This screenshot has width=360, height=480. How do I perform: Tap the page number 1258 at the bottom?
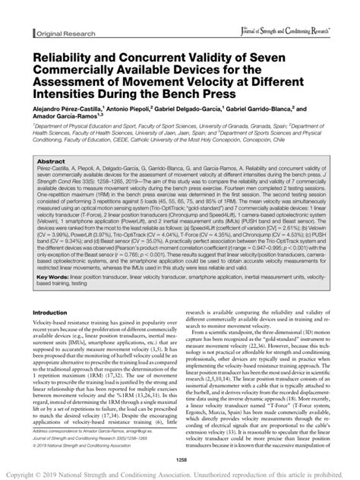coord(180,459)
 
